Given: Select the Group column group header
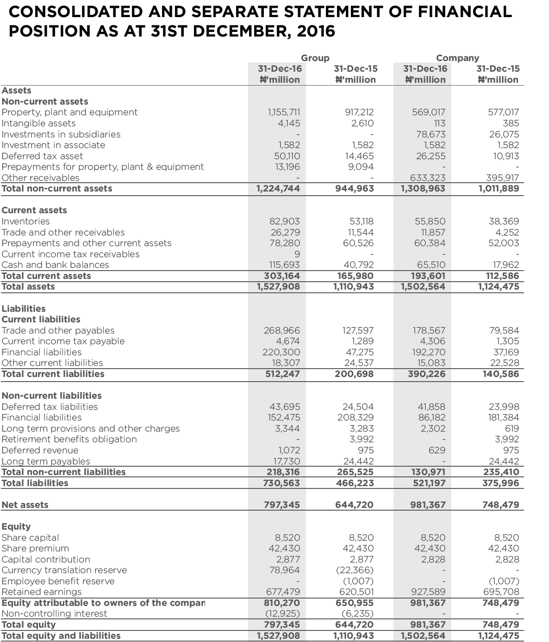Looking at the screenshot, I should point(315,58).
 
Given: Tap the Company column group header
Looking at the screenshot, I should point(457,58).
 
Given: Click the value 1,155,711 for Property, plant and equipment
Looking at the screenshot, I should point(284,112).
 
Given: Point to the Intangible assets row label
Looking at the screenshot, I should point(38,123).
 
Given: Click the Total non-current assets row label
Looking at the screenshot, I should point(57,189).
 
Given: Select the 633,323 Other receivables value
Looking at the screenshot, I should point(428,178).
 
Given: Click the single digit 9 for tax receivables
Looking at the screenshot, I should point(297,254).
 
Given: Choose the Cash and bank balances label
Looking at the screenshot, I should point(55,265).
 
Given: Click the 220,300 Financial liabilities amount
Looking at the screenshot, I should point(281,352).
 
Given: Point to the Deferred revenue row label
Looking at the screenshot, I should point(40,451).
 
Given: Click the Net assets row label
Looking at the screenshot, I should point(25,505).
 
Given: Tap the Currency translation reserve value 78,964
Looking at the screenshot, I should point(284,570).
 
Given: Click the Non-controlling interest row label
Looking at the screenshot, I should point(54,614).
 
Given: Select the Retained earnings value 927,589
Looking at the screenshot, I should point(428,592).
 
